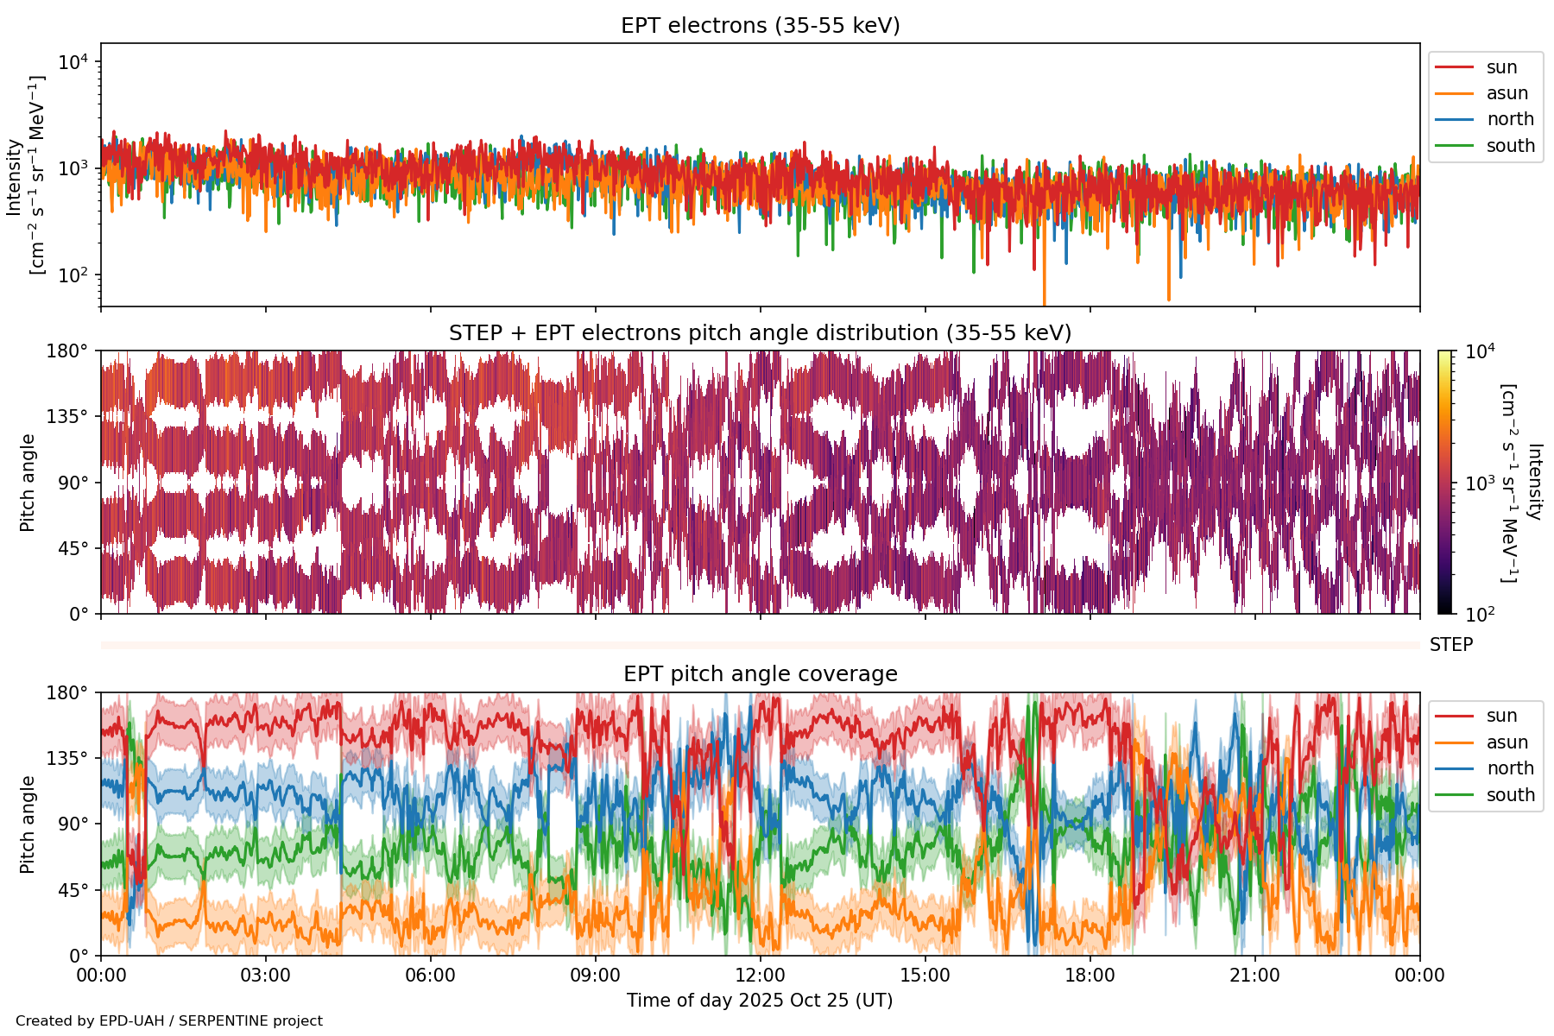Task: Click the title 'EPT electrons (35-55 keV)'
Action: [x=760, y=26]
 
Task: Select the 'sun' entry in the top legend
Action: [x=1501, y=67]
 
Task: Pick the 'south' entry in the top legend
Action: [x=1510, y=146]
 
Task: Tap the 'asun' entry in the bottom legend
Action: [x=1507, y=742]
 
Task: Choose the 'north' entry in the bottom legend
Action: [x=1510, y=768]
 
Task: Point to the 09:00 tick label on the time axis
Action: [x=596, y=976]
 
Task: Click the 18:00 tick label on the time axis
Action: [x=1090, y=976]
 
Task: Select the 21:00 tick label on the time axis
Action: [x=1255, y=976]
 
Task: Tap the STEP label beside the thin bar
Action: [x=1451, y=645]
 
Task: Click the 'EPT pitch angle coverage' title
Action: [x=760, y=674]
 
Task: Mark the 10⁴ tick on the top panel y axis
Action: [x=73, y=62]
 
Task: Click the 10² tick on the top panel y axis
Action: [x=73, y=275]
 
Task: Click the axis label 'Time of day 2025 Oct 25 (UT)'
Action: [x=760, y=1001]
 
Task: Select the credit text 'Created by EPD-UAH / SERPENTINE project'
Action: [x=169, y=1021]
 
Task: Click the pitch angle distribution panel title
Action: [x=760, y=333]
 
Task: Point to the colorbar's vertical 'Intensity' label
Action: [x=1534, y=482]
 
